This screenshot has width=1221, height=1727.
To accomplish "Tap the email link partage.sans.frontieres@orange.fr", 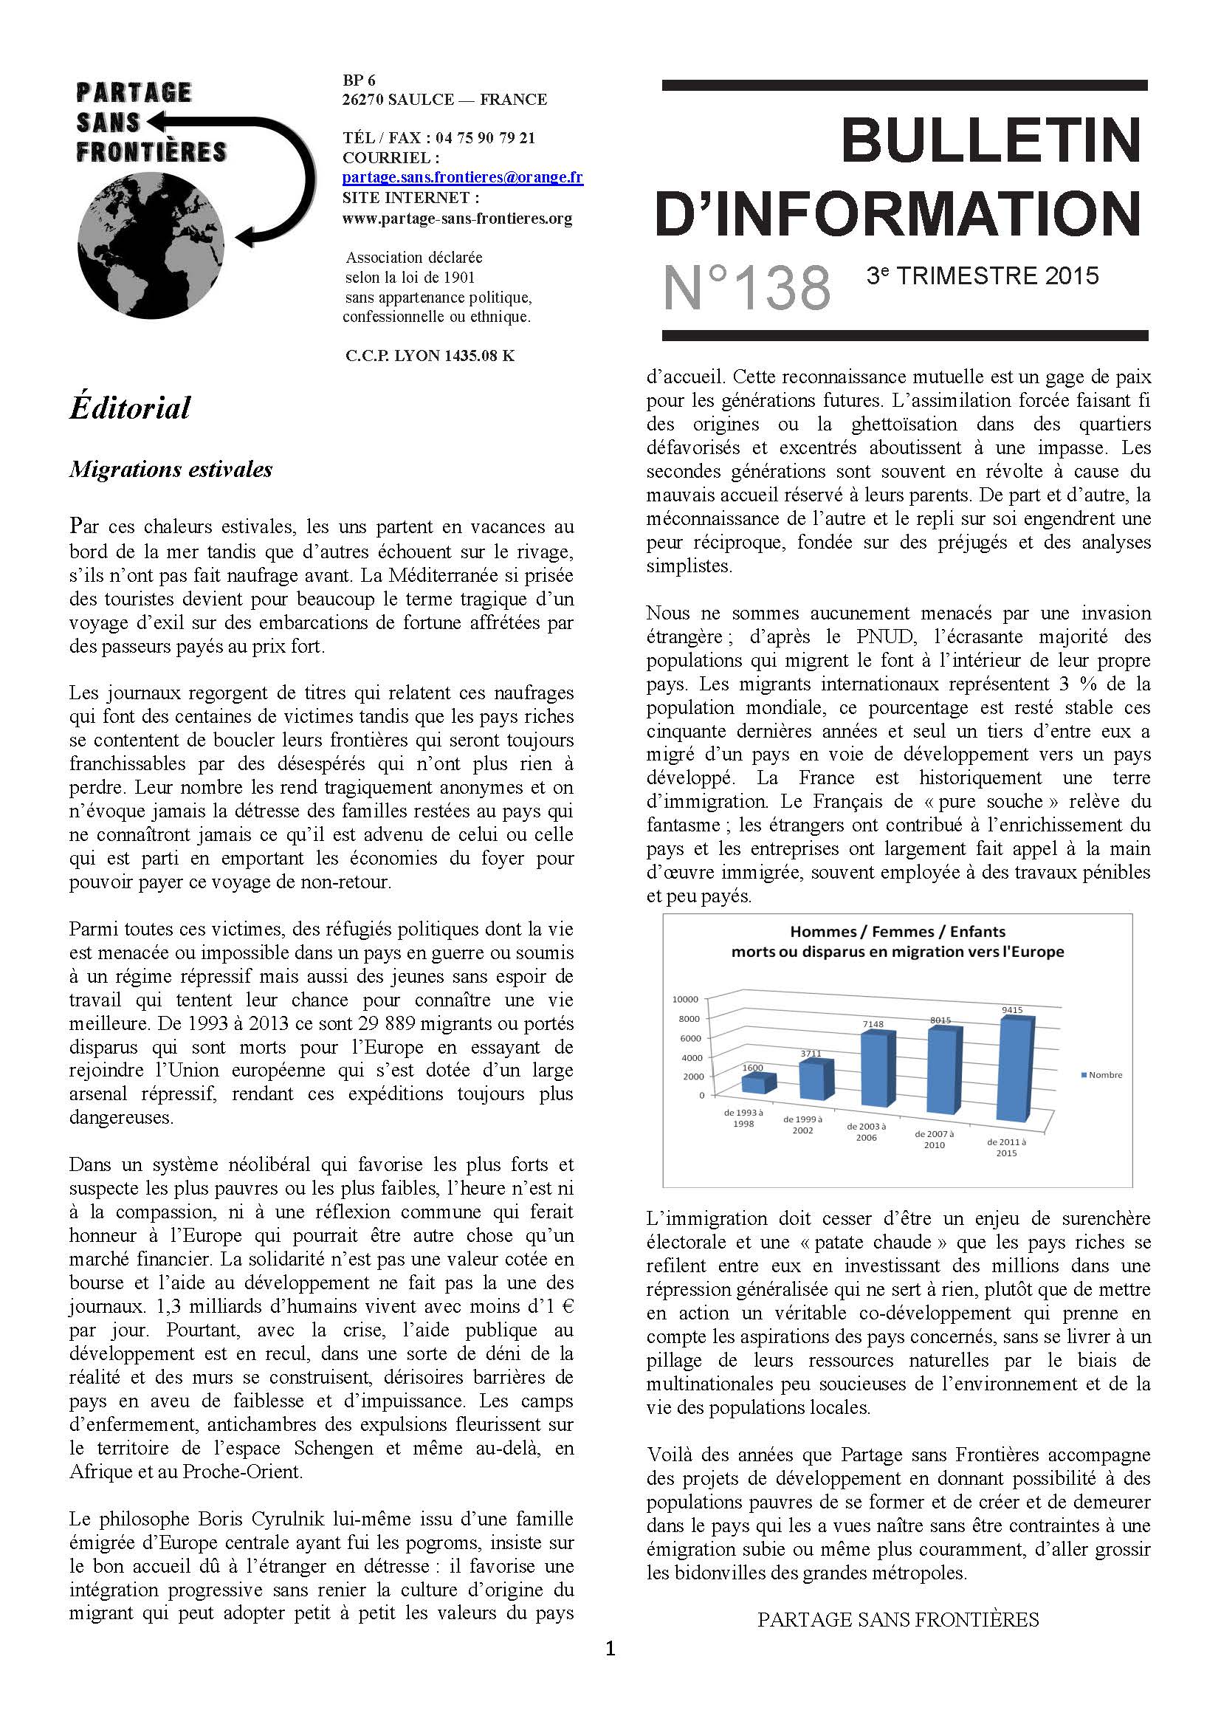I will tap(462, 177).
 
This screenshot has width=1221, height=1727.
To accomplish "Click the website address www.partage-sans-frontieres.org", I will tap(456, 218).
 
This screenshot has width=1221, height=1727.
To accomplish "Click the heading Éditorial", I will tap(130, 408).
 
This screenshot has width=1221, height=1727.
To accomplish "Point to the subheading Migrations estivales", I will tap(171, 470).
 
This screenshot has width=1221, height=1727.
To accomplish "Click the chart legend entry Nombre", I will tap(1104, 1075).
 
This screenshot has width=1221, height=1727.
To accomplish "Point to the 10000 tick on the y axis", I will tap(685, 999).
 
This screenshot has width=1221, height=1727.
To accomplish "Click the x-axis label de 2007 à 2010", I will tap(934, 1139).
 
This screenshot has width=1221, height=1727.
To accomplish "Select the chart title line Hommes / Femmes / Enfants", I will tap(898, 931).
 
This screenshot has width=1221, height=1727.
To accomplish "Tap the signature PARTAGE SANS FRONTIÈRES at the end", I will tap(898, 1619).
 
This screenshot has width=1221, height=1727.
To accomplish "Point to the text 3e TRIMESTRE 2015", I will tap(982, 276).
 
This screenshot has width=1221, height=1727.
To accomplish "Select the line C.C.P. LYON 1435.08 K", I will tap(430, 356).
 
